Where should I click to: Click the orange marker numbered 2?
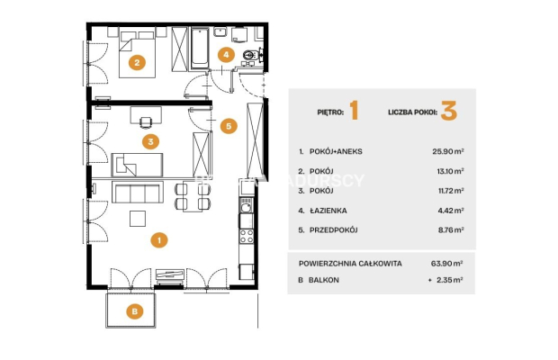tap(137, 63)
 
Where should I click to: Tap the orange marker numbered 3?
tap(150, 141)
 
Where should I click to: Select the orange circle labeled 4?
tap(226, 54)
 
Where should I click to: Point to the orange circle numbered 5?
tap(229, 126)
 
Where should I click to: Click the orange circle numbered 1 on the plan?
tap(159, 240)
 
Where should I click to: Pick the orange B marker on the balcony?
tap(135, 311)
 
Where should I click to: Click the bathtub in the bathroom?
tap(200, 49)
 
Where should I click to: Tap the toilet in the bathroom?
tap(251, 55)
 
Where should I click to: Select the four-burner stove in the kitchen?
tap(247, 236)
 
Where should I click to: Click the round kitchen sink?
tap(246, 207)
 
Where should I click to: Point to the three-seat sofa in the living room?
tap(138, 192)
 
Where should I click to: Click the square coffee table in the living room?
tap(138, 219)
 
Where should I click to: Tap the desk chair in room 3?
tap(146, 122)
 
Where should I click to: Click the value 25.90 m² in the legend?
tap(448, 151)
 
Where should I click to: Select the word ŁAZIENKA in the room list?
tap(328, 211)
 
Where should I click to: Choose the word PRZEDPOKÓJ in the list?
tap(333, 230)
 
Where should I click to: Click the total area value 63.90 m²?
tap(447, 263)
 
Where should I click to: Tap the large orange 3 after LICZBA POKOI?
tap(449, 111)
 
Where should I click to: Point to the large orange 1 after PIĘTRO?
tap(354, 111)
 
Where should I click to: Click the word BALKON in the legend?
tap(323, 280)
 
